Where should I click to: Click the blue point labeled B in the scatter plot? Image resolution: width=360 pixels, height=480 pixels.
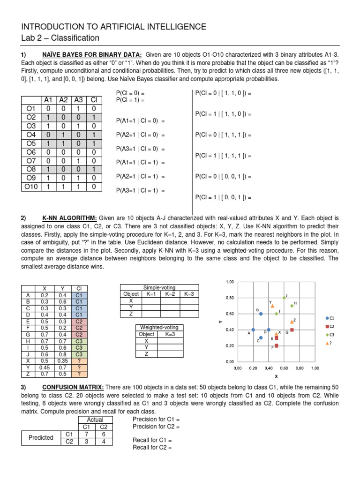(261, 314)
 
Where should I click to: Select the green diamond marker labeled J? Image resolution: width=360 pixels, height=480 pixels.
(284, 298)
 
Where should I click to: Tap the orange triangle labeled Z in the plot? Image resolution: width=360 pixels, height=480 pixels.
(292, 322)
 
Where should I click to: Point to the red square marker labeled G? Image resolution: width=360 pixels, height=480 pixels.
(292, 330)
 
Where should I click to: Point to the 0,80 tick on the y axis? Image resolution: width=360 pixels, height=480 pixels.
(230, 298)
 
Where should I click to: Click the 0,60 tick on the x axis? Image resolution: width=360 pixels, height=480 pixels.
(284, 368)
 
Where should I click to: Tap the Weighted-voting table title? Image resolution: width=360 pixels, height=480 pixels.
(159, 327)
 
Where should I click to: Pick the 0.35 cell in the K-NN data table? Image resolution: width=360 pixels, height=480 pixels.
(62, 360)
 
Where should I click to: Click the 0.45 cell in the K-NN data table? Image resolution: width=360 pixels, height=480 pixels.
(45, 367)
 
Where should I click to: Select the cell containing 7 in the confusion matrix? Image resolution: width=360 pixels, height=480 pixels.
(86, 434)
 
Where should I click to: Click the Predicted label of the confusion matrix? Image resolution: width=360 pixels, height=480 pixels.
(41, 437)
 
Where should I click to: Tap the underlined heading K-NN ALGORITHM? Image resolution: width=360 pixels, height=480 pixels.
(69, 218)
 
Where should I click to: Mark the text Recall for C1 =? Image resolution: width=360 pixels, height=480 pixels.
(153, 441)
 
